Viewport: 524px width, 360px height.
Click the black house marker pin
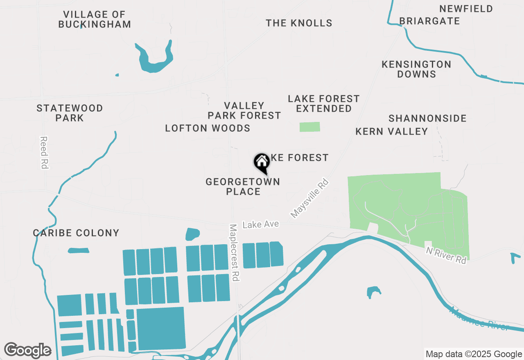tap(262, 163)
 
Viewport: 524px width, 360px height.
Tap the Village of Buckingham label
tap(95, 19)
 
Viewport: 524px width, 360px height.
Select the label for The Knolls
tap(299, 23)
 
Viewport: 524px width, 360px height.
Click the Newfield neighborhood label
tap(466, 9)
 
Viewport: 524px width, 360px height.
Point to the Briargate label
tap(429, 21)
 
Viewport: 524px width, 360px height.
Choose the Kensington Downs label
tap(416, 69)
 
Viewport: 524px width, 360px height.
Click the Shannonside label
tap(427, 118)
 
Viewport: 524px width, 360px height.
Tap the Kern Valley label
tap(391, 131)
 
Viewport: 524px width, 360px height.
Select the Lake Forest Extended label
tap(323, 103)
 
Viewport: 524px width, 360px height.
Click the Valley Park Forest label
tap(244, 110)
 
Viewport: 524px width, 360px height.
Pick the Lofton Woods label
tap(208, 128)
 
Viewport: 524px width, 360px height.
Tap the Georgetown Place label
tap(243, 187)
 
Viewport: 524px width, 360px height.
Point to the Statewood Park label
tap(70, 113)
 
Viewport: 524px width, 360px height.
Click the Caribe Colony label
tap(76, 233)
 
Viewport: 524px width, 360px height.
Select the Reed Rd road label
tap(44, 152)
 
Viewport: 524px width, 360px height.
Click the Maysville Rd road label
tap(309, 198)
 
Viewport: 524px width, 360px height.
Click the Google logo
tap(28, 350)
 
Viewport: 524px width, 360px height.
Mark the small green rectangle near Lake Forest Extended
tap(310, 127)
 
